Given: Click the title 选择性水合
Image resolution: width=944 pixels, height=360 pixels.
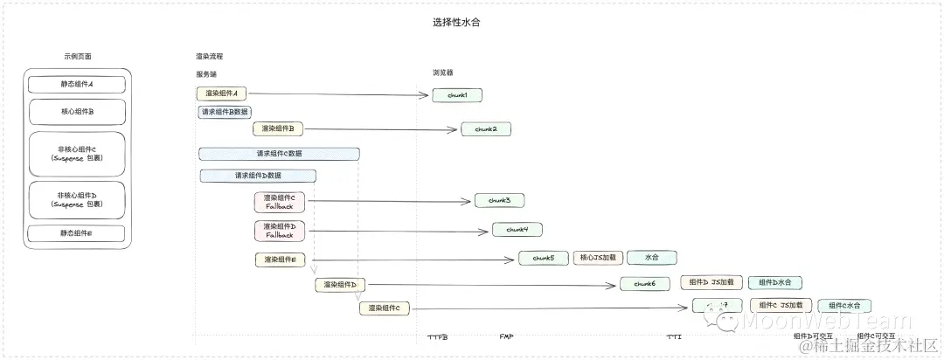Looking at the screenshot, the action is [456, 23].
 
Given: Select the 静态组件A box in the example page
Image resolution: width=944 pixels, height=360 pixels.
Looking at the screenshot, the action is [77, 85].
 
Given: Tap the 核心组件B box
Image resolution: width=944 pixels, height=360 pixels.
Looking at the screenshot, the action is [77, 112].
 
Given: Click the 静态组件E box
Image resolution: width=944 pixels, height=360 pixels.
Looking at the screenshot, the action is [77, 233].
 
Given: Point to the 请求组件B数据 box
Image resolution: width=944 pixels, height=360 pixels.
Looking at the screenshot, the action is [226, 112].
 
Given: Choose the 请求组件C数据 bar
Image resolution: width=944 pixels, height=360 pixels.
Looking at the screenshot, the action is [279, 154].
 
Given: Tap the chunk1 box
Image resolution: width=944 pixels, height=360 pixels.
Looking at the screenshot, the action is [457, 94].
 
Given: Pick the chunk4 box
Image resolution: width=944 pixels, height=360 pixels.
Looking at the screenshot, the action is [517, 230].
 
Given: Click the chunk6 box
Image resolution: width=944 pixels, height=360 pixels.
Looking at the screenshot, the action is [645, 284].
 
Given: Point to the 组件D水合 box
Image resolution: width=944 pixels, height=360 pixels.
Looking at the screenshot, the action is [774, 283].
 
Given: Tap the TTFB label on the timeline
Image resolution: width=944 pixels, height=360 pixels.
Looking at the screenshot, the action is [438, 337].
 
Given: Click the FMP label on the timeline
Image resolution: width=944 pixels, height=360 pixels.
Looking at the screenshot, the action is [506, 336].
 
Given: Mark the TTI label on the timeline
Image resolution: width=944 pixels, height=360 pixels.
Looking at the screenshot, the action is [674, 336].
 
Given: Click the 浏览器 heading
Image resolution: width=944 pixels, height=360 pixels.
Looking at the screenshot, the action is [443, 73].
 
